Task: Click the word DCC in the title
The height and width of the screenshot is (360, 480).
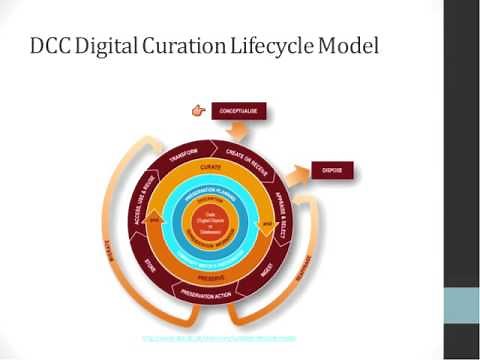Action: [53, 46]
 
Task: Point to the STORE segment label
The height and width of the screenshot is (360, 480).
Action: [148, 267]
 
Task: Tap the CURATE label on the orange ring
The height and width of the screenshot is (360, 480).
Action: [211, 165]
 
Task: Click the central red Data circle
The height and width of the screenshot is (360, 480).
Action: [212, 221]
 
